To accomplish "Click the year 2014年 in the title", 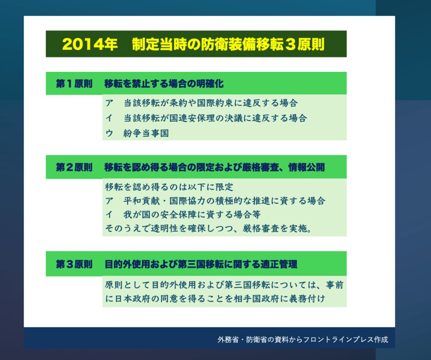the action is [90, 44].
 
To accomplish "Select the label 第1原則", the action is [74, 83].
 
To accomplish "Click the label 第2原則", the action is [74, 167].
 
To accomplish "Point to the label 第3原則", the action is [74, 264].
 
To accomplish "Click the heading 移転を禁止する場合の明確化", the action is [164, 83].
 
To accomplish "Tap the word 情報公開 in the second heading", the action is [306, 167].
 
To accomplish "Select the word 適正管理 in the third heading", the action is [279, 264].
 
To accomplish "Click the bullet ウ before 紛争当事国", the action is [109, 133].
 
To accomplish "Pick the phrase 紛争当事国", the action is [146, 133].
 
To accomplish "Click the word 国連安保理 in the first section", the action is [192, 118].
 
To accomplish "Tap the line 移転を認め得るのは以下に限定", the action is [169, 187].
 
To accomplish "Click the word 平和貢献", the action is [142, 201].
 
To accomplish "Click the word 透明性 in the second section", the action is [165, 229].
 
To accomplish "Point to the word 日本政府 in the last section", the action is [133, 299].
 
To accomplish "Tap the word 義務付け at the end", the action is [307, 299].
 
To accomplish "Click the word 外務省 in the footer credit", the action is [228, 340].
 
